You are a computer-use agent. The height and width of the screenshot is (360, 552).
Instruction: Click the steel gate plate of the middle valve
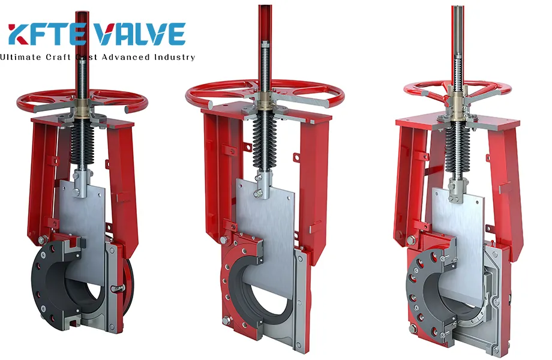coord(270,216)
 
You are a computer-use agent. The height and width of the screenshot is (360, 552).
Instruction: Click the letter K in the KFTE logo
coord(22,35)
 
